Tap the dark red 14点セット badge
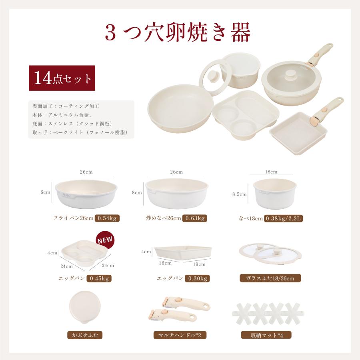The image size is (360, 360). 62,78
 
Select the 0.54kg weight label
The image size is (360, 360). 107,218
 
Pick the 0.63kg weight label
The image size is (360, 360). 194,218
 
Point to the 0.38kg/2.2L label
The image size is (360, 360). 284,218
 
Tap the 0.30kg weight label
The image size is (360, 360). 197,278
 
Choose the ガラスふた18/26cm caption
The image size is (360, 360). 270,278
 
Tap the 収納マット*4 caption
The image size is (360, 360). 266,335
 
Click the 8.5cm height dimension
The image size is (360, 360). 239,194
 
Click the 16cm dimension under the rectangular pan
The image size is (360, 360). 165,264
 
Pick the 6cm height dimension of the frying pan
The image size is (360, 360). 45,192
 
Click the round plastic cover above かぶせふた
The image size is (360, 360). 83,307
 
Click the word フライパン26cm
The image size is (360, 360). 73,218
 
